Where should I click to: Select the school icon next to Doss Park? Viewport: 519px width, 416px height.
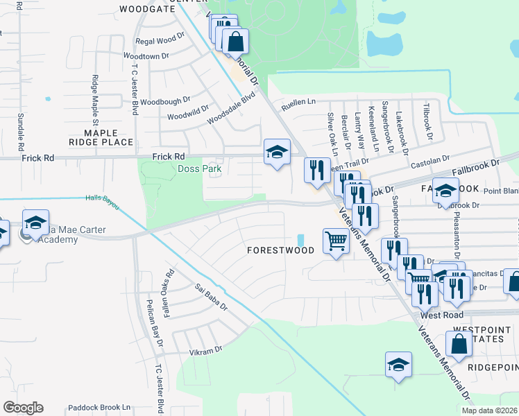tap(277, 153)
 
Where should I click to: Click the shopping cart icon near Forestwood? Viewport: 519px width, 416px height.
tap(336, 242)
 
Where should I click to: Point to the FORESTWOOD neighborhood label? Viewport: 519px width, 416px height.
tap(280, 251)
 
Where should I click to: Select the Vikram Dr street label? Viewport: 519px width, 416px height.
tap(205, 351)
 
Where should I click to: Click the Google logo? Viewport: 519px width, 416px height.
tap(23, 408)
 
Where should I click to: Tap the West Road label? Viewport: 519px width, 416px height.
tap(441, 315)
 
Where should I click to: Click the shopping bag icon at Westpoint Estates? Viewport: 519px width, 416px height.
tap(459, 343)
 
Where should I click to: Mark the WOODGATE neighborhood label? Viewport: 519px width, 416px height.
tap(147, 9)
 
